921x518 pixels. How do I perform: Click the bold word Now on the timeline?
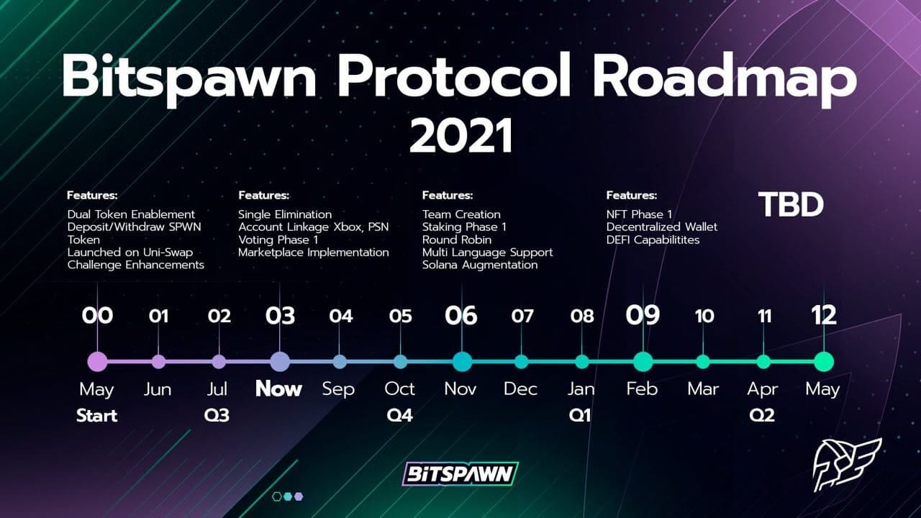pyautogui.click(x=278, y=388)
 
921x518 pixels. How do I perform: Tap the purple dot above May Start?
pyautogui.click(x=97, y=362)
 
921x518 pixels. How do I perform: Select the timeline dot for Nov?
pyautogui.click(x=462, y=362)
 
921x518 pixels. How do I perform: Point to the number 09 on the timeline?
pyautogui.click(x=643, y=316)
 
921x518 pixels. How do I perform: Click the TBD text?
pyautogui.click(x=791, y=204)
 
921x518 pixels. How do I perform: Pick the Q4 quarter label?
pyautogui.click(x=399, y=416)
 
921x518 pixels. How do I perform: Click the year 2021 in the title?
pyautogui.click(x=460, y=135)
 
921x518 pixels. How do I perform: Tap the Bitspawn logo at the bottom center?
pyautogui.click(x=460, y=474)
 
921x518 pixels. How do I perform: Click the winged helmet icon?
pyautogui.click(x=847, y=465)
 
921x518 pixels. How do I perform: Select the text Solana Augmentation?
pyautogui.click(x=480, y=265)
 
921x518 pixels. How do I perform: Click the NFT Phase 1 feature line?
pyautogui.click(x=639, y=214)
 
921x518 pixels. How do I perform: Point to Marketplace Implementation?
pyautogui.click(x=313, y=253)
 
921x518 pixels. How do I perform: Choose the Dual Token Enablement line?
pyautogui.click(x=131, y=214)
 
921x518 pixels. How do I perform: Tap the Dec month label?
pyautogui.click(x=520, y=389)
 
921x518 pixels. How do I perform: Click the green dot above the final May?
pyautogui.click(x=824, y=362)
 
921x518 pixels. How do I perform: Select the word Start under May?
pyautogui.click(x=97, y=416)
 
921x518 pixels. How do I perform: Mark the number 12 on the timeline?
pyautogui.click(x=824, y=316)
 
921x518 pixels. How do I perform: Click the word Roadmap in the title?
pyautogui.click(x=725, y=78)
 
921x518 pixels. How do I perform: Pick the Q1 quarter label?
pyautogui.click(x=580, y=416)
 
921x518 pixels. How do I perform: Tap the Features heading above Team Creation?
pyautogui.click(x=448, y=195)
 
